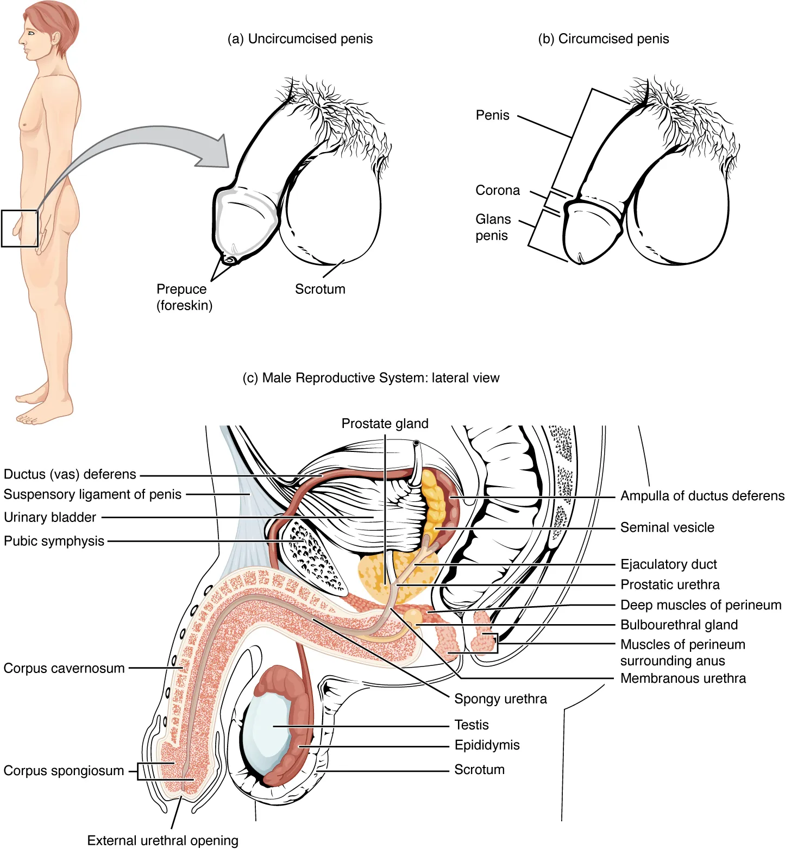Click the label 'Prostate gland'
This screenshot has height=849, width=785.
tap(385, 424)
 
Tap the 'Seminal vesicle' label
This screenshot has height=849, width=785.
tap(667, 527)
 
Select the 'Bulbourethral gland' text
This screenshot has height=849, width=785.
tap(679, 625)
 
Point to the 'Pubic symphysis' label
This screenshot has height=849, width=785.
tap(54, 541)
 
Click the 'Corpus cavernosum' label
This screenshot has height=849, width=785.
tap(64, 668)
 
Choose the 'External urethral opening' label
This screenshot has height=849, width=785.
tap(162, 840)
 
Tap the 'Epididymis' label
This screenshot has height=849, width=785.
tap(487, 745)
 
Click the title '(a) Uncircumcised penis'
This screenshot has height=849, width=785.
tap(300, 39)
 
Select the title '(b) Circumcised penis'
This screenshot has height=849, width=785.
tap(603, 39)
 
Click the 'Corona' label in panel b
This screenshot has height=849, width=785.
tap(498, 191)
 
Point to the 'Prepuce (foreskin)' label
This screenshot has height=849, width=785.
tap(184, 297)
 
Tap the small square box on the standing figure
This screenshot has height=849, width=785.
tap(20, 229)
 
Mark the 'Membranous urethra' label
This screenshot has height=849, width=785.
tap(683, 678)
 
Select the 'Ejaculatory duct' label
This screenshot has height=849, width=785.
tap(668, 564)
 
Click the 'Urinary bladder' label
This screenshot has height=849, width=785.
tap(50, 517)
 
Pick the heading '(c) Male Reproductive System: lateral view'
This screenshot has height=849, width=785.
tap(370, 378)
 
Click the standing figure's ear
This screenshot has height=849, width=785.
tap(55, 37)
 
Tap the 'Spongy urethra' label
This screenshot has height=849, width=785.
tap(500, 699)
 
